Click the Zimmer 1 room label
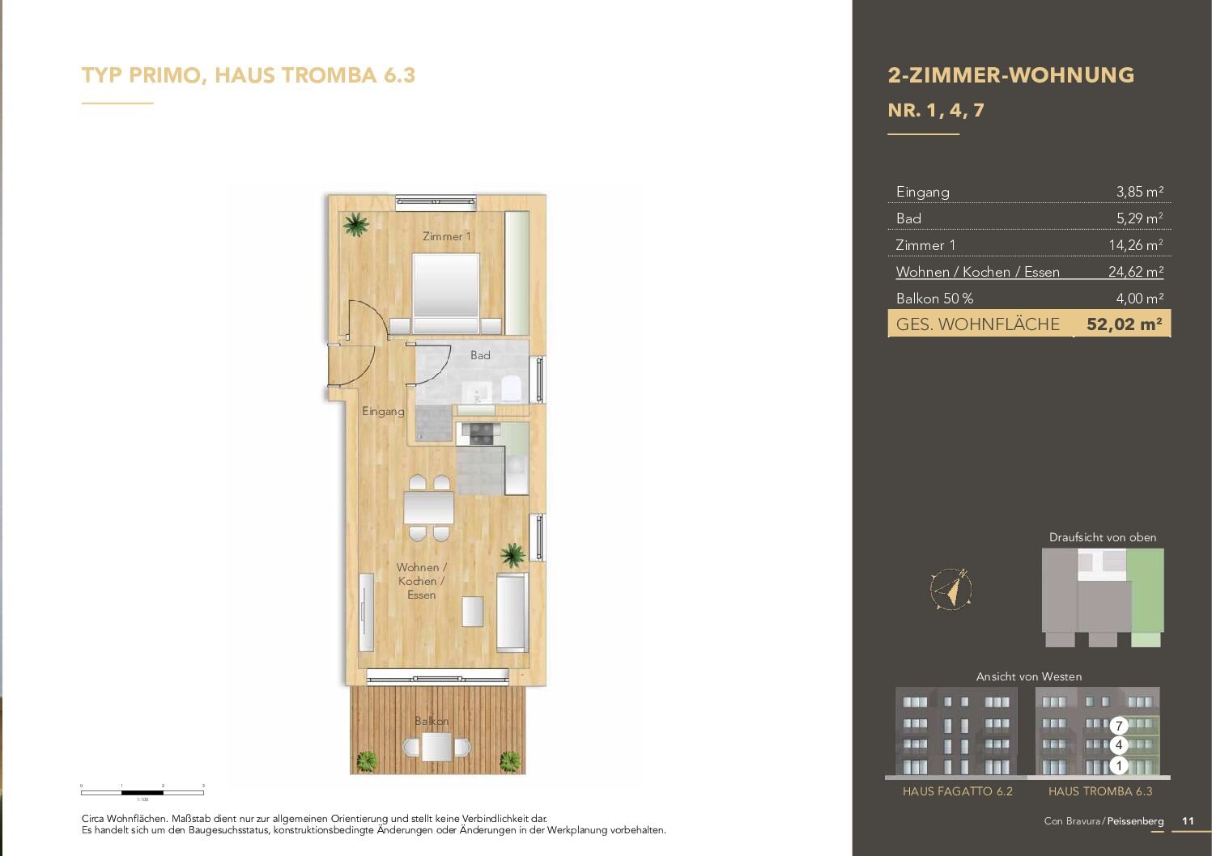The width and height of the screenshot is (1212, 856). click(x=446, y=236)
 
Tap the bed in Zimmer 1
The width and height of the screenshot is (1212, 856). click(x=445, y=291)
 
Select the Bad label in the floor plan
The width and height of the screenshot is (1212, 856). click(x=480, y=355)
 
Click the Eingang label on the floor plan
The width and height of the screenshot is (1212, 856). click(x=383, y=411)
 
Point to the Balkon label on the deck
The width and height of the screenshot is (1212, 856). click(x=432, y=721)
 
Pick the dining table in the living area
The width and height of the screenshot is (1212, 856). click(x=429, y=508)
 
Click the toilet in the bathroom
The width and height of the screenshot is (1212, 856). click(x=512, y=388)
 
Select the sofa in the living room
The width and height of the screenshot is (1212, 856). click(x=512, y=612)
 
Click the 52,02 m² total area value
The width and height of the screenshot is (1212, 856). click(x=1124, y=324)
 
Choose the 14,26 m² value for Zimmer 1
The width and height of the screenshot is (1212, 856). click(x=1135, y=245)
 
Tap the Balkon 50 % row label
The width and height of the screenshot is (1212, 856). click(x=934, y=299)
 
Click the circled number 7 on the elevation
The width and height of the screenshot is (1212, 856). click(x=1119, y=726)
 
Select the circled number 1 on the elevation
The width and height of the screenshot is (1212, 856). click(x=1119, y=765)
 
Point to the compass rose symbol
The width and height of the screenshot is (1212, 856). click(x=951, y=588)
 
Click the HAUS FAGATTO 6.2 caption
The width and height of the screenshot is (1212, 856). click(x=957, y=791)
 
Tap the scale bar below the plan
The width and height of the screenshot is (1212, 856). click(x=142, y=792)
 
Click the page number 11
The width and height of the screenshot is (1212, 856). click(x=1188, y=820)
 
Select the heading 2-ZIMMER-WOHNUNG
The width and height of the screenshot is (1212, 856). click(x=1010, y=75)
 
